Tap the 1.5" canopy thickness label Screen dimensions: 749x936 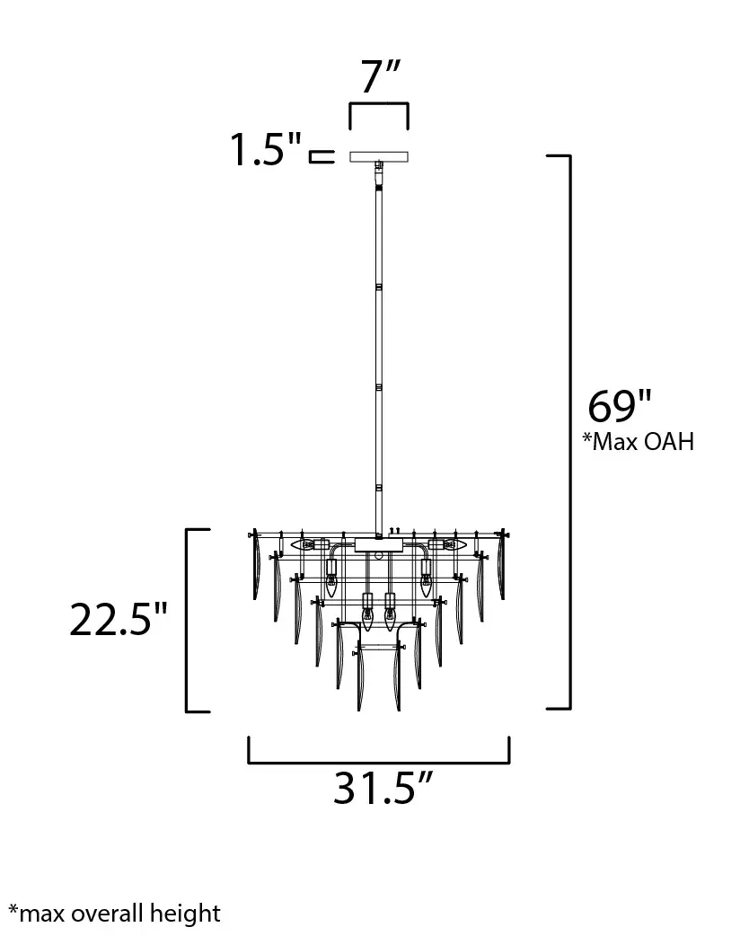coord(266,149)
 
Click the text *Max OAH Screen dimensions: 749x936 coord(638,441)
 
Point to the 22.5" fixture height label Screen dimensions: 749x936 coord(119,619)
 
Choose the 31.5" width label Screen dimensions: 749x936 coord(383,788)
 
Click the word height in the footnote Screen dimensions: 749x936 coord(186,914)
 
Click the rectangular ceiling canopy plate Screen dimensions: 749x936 coord(379,156)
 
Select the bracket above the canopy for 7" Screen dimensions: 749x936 coord(379,104)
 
